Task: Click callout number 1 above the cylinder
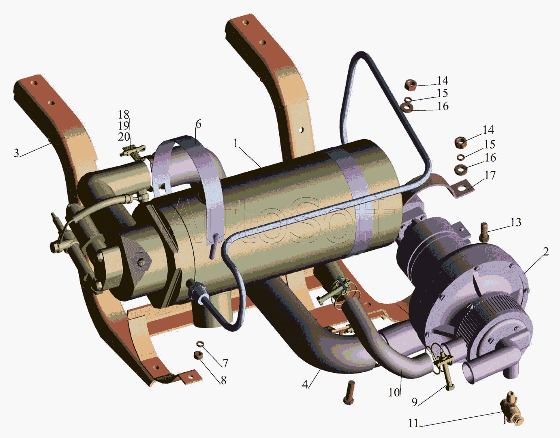(236, 143)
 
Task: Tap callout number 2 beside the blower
(545, 251)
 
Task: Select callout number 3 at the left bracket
(16, 153)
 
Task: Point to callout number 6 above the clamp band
(198, 124)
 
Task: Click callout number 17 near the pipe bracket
(490, 176)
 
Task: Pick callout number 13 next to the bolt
(516, 222)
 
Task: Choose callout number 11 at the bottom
(413, 423)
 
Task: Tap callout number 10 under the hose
(394, 392)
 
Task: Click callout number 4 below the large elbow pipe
(305, 384)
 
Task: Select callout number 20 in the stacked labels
(124, 137)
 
